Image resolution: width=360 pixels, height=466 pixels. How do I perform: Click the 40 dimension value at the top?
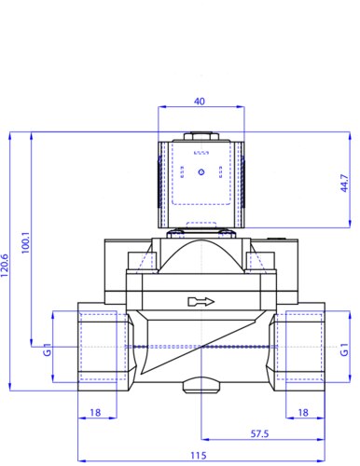(200, 102)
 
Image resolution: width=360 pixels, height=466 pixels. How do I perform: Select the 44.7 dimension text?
(344, 184)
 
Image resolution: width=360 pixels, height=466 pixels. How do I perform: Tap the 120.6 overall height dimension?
(5, 266)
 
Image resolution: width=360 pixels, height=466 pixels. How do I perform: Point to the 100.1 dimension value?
(26, 242)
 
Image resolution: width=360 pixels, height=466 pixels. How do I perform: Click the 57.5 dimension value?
(259, 433)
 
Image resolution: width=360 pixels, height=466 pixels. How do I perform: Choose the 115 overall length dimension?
(199, 456)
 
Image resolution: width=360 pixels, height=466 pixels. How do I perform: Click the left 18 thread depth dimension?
(95, 413)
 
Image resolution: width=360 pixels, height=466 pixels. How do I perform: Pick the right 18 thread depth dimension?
(303, 413)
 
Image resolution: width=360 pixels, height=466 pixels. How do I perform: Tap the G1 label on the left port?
(47, 349)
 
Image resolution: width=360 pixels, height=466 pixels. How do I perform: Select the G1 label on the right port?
(344, 349)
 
